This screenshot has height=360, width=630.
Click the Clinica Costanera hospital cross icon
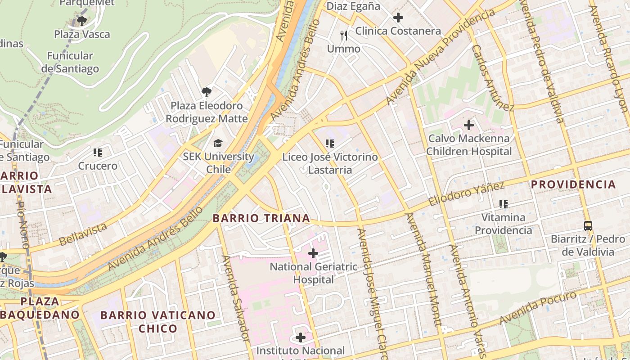tap(398, 18)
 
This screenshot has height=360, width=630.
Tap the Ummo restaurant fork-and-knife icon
tap(344, 36)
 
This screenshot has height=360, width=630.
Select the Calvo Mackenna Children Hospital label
tap(469, 145)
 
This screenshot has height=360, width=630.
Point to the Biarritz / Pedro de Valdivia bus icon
tap(588, 225)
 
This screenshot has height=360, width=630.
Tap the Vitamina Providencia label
tap(503, 224)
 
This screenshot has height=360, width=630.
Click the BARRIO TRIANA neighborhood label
tap(261, 219)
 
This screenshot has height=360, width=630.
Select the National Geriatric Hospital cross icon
tap(313, 253)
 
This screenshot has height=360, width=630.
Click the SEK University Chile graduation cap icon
tap(218, 144)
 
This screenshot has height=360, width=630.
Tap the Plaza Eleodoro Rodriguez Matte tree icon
tap(207, 92)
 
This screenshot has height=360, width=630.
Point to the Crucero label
tap(98, 166)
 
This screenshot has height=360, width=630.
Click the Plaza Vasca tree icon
tap(82, 21)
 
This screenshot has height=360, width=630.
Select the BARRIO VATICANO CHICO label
tap(158, 322)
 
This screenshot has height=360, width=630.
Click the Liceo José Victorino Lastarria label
tap(330, 163)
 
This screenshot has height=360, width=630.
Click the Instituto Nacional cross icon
tap(301, 337)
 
